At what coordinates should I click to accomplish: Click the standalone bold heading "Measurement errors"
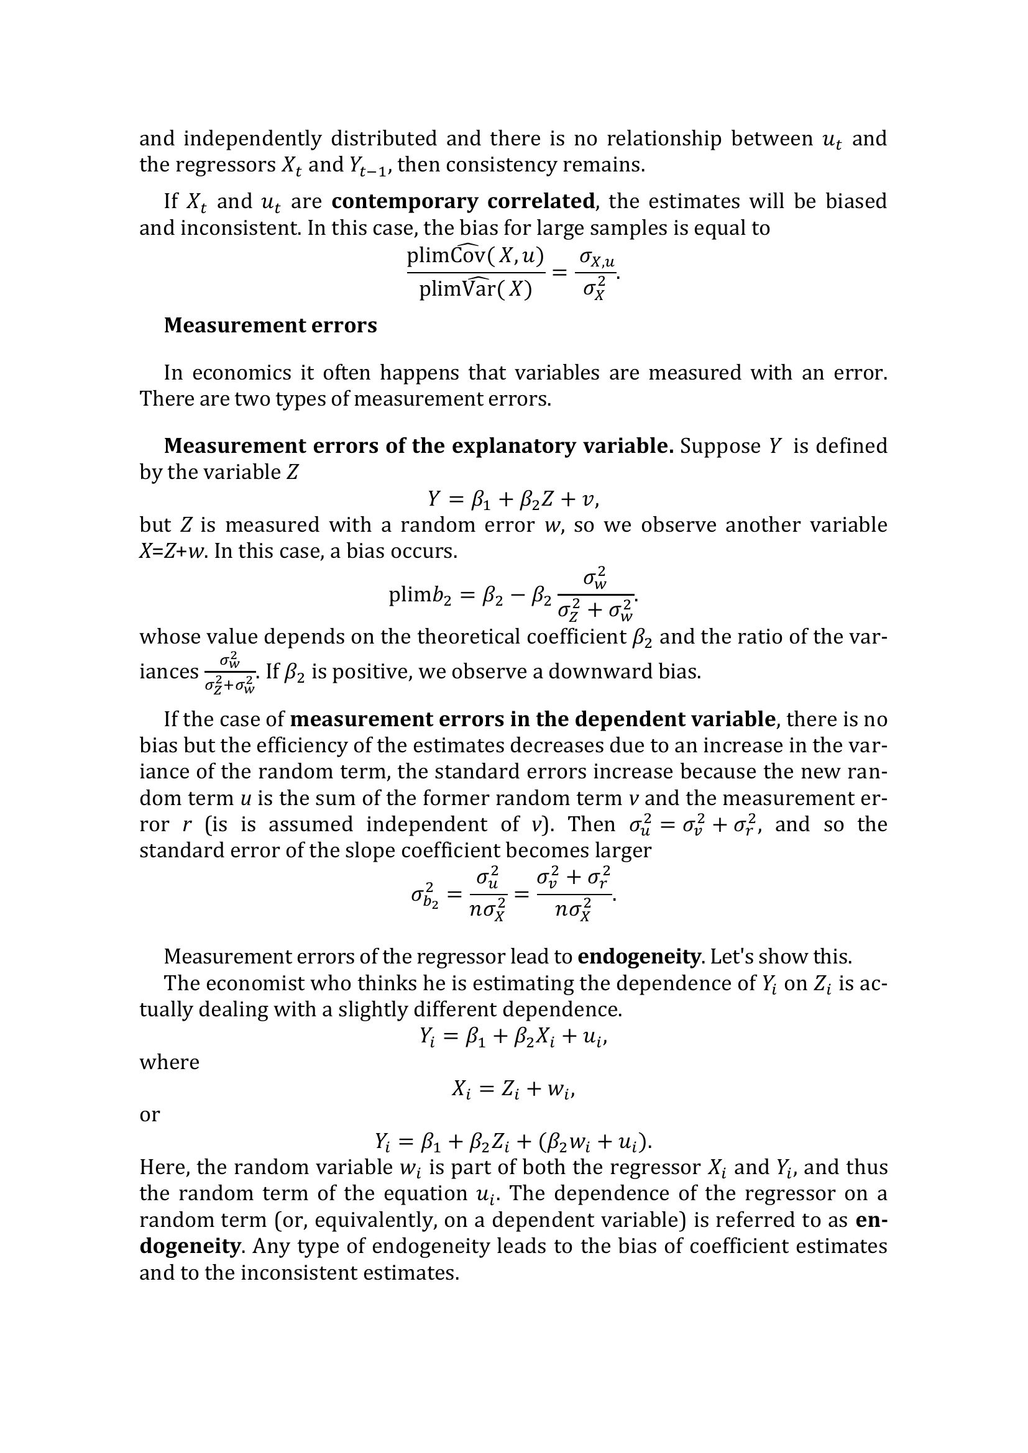(270, 326)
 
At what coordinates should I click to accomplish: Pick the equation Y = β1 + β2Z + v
(513, 500)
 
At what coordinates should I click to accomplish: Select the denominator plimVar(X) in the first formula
(475, 289)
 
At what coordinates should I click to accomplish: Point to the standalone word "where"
(169, 1062)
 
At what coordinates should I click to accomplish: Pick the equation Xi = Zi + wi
(513, 1089)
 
